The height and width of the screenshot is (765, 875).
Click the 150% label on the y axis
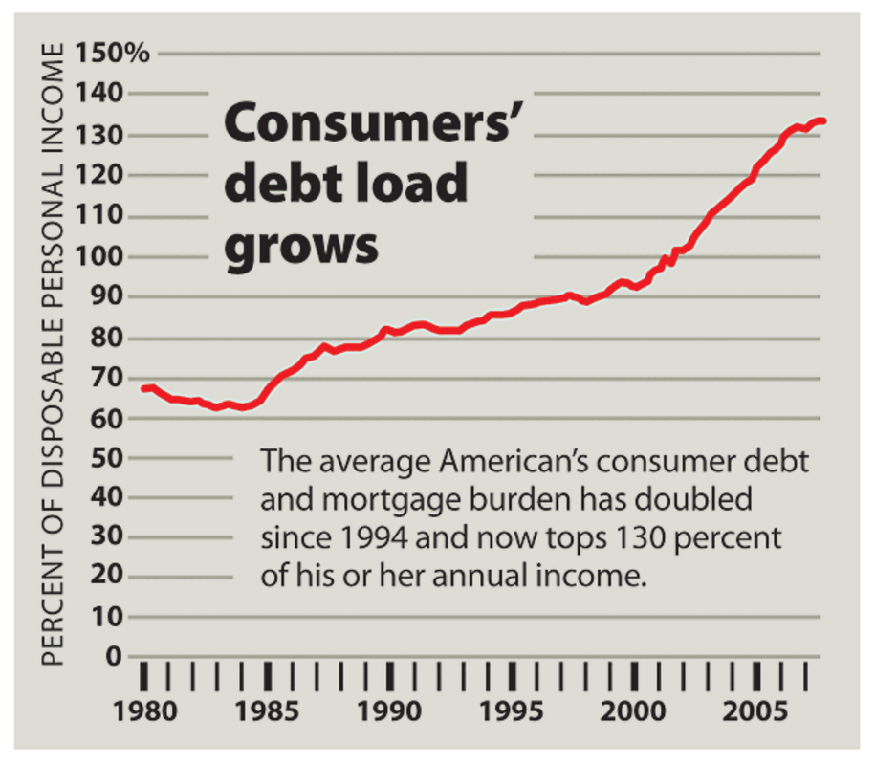[x=114, y=53]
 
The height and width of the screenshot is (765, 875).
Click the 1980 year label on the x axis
[x=143, y=711]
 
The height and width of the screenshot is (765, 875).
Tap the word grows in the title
[x=301, y=245]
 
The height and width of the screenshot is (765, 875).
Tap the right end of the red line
[x=823, y=121]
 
